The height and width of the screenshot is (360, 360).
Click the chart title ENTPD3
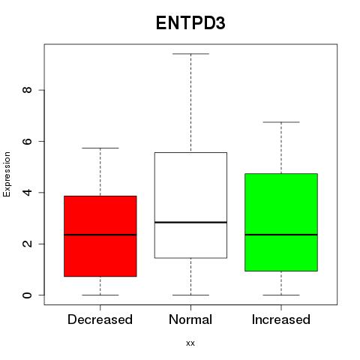click(x=190, y=23)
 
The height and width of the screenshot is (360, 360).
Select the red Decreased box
click(x=100, y=236)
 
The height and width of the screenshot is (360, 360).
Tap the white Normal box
click(x=190, y=205)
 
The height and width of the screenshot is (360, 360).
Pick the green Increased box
click(x=281, y=222)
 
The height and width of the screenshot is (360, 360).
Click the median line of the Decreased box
click(x=100, y=235)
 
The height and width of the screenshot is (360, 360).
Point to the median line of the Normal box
click(x=190, y=222)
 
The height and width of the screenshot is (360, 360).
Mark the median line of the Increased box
click(x=281, y=235)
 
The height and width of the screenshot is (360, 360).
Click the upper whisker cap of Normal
click(x=190, y=54)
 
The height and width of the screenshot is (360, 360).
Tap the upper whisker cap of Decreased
click(x=100, y=148)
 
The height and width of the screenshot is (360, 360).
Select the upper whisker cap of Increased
click(x=281, y=122)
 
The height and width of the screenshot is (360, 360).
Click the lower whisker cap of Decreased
click(x=100, y=295)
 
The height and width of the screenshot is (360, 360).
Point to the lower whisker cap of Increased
click(x=281, y=295)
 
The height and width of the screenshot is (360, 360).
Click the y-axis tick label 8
click(x=27, y=90)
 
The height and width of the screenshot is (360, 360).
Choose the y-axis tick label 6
click(x=27, y=141)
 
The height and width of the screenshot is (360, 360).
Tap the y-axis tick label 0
click(x=27, y=295)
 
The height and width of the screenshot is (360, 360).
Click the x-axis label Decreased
click(x=100, y=319)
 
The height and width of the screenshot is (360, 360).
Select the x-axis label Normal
click(x=190, y=319)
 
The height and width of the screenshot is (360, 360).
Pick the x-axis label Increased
click(x=281, y=319)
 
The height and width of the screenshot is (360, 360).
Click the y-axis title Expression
click(x=7, y=174)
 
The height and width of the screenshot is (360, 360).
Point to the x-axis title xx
click(x=190, y=343)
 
